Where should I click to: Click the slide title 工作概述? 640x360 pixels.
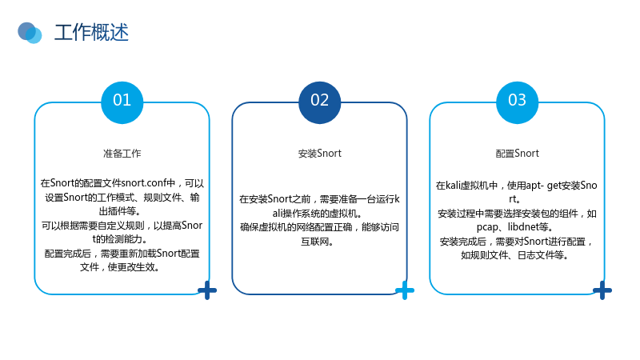coord(91,33)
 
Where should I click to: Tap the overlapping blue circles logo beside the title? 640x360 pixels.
coord(30,33)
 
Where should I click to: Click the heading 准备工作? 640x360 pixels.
coord(122,154)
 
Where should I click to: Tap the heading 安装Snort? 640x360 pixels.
coord(319,154)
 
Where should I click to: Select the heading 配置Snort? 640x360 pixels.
coord(517,154)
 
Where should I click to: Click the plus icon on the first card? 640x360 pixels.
coord(207,290)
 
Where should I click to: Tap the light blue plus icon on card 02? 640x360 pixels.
coord(405,290)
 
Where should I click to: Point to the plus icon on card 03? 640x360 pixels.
coord(602,290)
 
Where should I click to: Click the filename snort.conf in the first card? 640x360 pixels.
coord(144,183)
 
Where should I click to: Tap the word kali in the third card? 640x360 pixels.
coord(453,186)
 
